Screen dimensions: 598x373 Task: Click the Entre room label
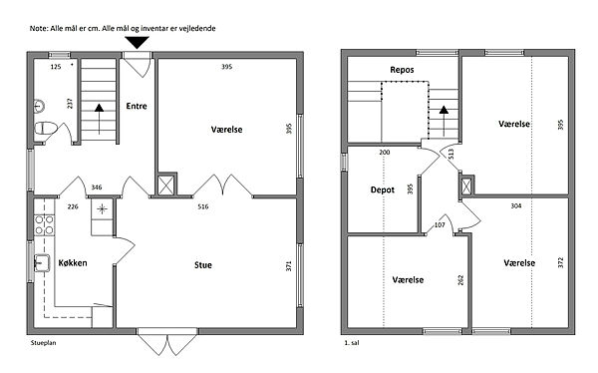point(137,106)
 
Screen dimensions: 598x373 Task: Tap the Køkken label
point(73,262)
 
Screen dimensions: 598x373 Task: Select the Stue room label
point(203,265)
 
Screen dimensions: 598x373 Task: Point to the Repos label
point(402,70)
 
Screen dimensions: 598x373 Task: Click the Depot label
point(383,189)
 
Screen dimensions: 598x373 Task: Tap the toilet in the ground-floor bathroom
point(46,128)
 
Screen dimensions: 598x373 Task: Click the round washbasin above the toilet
point(39,106)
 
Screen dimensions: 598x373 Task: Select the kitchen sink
point(42,263)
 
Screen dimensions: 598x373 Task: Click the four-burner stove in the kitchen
point(44,224)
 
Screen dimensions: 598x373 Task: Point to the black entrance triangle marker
point(138,42)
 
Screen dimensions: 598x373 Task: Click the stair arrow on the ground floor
point(99,119)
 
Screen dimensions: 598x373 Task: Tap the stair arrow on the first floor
point(444,121)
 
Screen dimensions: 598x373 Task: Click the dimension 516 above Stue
point(203,206)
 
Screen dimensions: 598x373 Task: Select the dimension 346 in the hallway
point(97,187)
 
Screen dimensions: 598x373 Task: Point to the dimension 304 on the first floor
point(516,206)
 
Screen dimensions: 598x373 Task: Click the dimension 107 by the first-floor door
point(440,225)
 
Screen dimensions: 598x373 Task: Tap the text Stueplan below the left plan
point(43,343)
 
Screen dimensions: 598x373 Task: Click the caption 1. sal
point(352,343)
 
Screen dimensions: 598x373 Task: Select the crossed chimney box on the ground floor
point(166,186)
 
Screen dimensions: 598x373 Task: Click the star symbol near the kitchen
point(102,208)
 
